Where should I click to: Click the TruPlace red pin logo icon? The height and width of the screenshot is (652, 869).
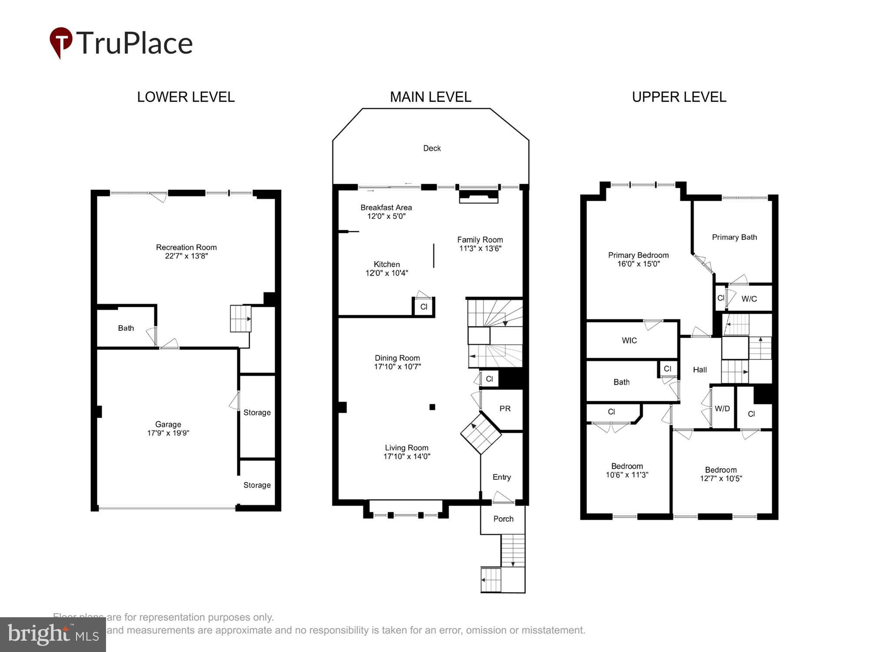pos(61,42)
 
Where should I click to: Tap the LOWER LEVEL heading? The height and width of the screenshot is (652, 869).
pos(186,97)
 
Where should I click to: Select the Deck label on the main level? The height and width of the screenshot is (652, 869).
pos(431,148)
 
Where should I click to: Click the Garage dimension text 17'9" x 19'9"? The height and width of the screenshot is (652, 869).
pos(168,433)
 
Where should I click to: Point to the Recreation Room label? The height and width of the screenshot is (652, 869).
pos(186,247)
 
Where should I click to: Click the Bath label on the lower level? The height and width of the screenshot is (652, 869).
pos(126,328)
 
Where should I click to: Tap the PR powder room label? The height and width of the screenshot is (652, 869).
pos(504,409)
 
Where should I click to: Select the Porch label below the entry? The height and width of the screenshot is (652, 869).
pos(503,519)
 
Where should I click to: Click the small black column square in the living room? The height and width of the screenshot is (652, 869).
pos(432,407)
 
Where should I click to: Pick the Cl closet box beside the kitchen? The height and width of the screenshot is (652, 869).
pos(424,307)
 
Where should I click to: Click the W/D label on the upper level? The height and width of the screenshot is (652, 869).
pos(722,409)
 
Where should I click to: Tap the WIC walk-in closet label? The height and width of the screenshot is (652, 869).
pos(629,341)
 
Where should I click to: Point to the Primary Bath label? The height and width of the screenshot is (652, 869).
pos(734,237)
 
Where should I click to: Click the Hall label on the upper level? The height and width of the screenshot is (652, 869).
pos(700,370)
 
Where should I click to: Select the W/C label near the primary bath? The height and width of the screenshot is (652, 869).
pos(749,299)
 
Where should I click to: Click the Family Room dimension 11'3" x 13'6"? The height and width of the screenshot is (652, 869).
pos(480,249)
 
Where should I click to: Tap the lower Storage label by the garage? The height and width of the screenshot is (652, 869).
pos(257,485)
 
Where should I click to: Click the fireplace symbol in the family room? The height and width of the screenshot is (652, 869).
pos(478,196)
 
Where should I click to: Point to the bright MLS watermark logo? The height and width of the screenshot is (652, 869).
pos(53,635)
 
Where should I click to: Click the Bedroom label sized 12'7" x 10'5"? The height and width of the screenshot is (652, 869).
pos(720,470)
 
